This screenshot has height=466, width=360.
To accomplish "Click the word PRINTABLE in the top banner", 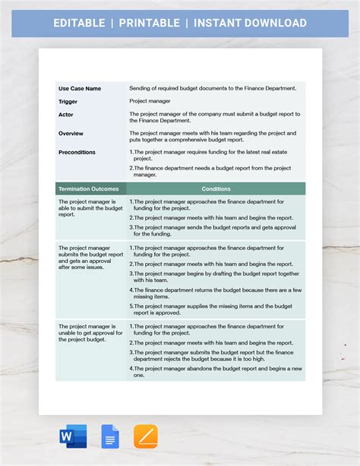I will pos(149,23).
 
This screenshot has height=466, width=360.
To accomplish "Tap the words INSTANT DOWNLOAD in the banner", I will pos(250,23).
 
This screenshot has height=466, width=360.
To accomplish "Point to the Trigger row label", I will pos(68,100).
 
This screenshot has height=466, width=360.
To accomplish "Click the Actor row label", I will pos(65,114).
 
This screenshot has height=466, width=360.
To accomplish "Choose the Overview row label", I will pos(71,133).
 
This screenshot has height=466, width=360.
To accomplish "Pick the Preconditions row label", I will pos(77,152).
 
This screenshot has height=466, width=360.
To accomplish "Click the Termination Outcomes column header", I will pos(88,189).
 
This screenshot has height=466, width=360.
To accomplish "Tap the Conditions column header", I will pos(216,189).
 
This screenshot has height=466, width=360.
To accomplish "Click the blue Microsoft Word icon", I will pos(73,436).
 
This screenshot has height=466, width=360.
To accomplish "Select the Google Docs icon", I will pos(110,436).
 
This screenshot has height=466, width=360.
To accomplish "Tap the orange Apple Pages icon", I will pos(145,436).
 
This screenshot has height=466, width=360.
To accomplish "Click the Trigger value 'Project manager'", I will pos(150,100).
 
